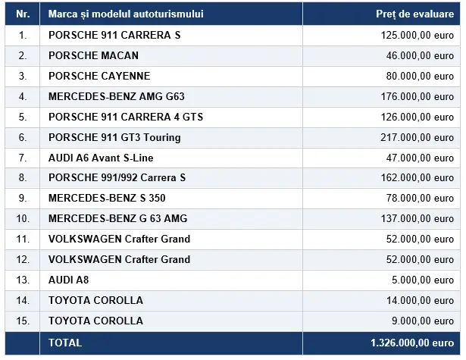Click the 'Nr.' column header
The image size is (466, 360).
(23, 14)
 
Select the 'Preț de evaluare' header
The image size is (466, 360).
(415, 14)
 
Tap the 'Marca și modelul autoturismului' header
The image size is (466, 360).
(126, 14)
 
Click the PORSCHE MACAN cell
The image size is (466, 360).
(94, 55)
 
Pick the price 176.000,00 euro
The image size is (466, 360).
(418, 96)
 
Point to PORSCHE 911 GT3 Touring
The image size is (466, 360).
(114, 138)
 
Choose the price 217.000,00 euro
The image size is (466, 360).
(418, 138)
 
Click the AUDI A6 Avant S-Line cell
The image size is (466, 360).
(101, 158)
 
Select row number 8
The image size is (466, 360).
(23, 178)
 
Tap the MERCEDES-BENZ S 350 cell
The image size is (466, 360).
(107, 199)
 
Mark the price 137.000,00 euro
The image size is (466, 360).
(418, 219)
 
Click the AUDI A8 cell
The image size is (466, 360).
(69, 280)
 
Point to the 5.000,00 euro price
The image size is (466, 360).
(423, 280)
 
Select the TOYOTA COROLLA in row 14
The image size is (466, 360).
(95, 301)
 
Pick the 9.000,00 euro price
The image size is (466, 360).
(423, 321)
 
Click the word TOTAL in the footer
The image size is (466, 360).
(65, 343)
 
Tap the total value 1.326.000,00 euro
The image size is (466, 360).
(412, 343)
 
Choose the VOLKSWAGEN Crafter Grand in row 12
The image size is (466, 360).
(120, 259)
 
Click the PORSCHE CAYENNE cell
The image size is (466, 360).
(99, 76)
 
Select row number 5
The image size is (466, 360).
(23, 117)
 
